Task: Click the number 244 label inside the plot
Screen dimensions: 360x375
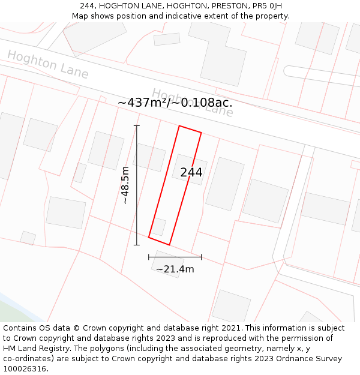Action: click(191, 173)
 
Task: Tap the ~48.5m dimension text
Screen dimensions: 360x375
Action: click(125, 185)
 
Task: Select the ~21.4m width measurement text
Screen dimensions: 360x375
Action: click(175, 269)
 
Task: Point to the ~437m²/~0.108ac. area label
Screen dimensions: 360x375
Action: click(175, 103)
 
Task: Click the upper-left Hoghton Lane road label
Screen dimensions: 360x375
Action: click(48, 65)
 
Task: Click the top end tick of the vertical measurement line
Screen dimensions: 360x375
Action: click(137, 126)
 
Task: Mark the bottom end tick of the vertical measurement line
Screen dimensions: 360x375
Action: click(137, 245)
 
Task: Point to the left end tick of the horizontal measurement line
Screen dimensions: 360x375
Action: click(149, 257)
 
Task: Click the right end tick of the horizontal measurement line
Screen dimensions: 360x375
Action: click(201, 257)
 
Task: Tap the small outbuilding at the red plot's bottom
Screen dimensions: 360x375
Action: click(158, 227)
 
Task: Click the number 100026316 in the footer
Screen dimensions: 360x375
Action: click(26, 369)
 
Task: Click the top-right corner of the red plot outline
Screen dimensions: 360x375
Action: click(201, 133)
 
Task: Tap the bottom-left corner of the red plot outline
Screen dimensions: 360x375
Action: click(149, 237)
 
